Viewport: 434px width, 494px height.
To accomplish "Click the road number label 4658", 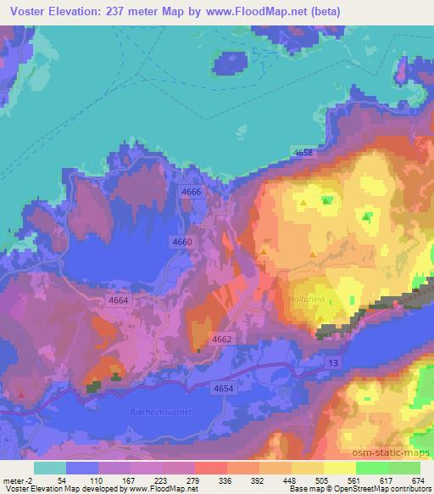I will pos(303,153).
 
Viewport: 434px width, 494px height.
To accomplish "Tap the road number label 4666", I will pos(192,194).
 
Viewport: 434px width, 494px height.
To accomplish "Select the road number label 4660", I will pos(183,242).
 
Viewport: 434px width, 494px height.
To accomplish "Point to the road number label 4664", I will pos(119,300).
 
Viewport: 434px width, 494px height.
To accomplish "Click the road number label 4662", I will pos(222,339).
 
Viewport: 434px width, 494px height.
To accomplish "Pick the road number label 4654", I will pos(224,388).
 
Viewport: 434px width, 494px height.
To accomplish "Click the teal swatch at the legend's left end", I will pos(50,468).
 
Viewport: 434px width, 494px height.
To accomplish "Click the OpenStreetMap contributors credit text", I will pos(377,489).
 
